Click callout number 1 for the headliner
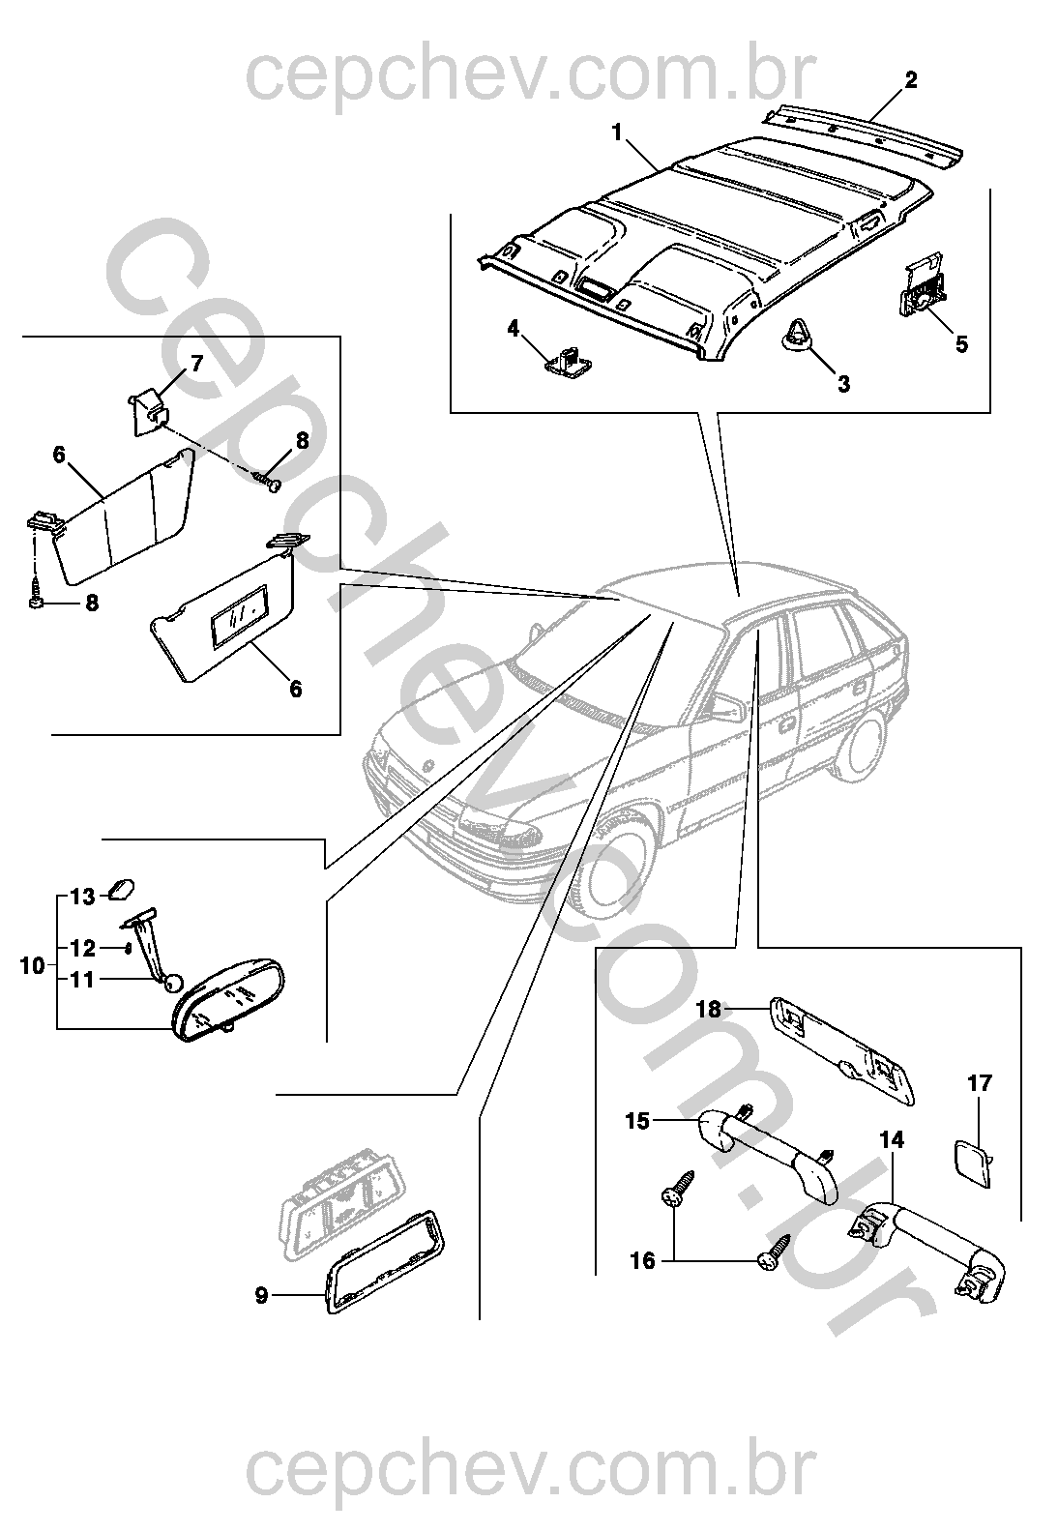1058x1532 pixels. click(x=618, y=132)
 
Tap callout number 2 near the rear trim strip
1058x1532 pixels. click(x=911, y=80)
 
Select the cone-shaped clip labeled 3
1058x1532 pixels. click(x=795, y=333)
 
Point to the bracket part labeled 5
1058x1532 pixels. click(x=922, y=285)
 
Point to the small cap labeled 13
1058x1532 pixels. click(x=122, y=890)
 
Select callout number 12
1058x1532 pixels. click(x=83, y=949)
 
